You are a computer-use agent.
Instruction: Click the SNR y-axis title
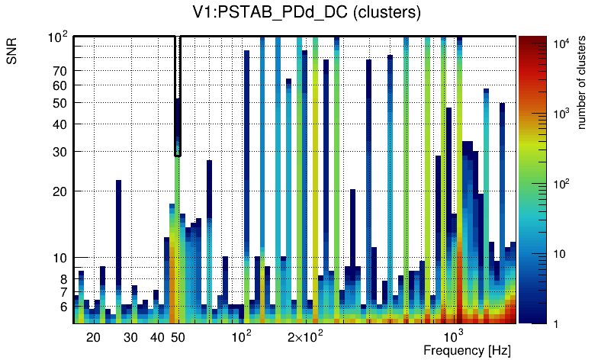[13, 51]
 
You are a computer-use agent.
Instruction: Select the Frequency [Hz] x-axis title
[466, 350]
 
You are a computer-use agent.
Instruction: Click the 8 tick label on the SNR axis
[63, 279]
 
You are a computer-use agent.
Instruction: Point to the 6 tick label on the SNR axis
[63, 307]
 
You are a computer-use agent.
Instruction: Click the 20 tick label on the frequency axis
[93, 337]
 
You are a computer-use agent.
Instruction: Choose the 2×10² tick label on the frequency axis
[305, 337]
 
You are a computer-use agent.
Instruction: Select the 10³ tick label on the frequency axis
[454, 336]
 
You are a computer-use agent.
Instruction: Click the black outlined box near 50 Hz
[178, 95]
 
